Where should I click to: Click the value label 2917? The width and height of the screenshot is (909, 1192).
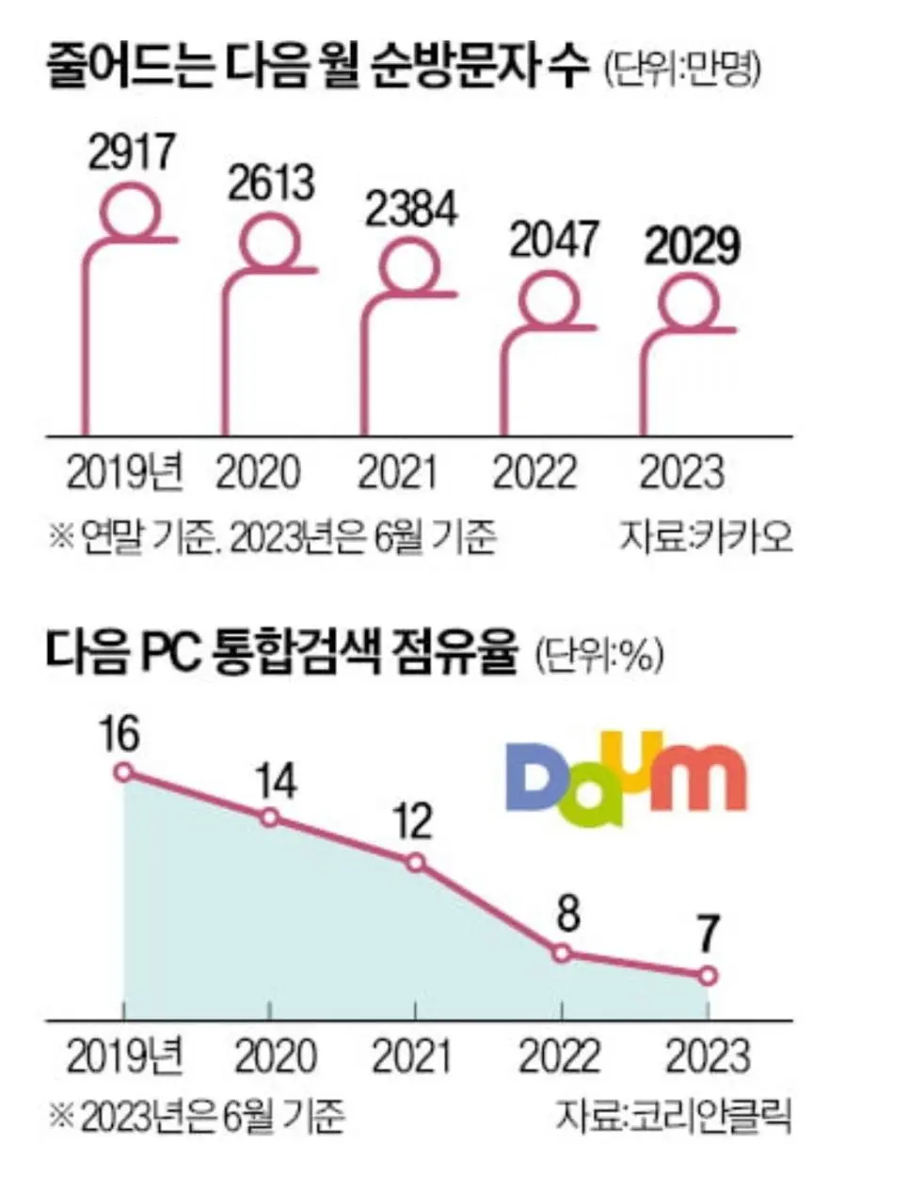[133, 152]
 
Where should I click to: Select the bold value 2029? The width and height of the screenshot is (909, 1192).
[693, 246]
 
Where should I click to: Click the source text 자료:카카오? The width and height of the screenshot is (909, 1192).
[706, 537]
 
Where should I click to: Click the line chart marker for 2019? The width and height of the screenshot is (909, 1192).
[123, 772]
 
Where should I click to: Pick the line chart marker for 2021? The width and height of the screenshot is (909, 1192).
[415, 863]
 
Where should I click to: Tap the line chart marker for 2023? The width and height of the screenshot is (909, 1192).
[708, 977]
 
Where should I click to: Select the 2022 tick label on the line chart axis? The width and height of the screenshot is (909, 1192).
[560, 1057]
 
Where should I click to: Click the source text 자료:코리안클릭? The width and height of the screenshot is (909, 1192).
[673, 1116]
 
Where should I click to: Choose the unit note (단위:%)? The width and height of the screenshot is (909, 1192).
[598, 656]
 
